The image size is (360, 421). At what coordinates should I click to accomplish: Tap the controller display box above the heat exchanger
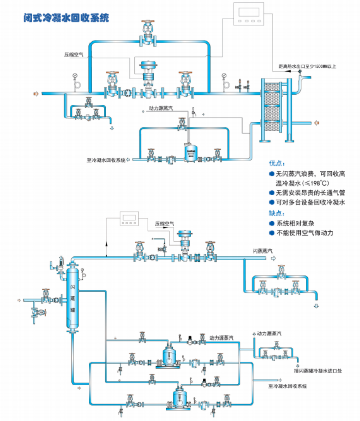248,14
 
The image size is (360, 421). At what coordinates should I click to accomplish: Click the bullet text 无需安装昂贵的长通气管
310,193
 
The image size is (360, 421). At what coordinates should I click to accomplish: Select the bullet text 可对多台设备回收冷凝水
310,203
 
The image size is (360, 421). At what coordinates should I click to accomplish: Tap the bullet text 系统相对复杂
297,223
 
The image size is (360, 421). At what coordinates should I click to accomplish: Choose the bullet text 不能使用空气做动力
305,233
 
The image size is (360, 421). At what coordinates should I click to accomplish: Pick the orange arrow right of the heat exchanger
317,123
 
